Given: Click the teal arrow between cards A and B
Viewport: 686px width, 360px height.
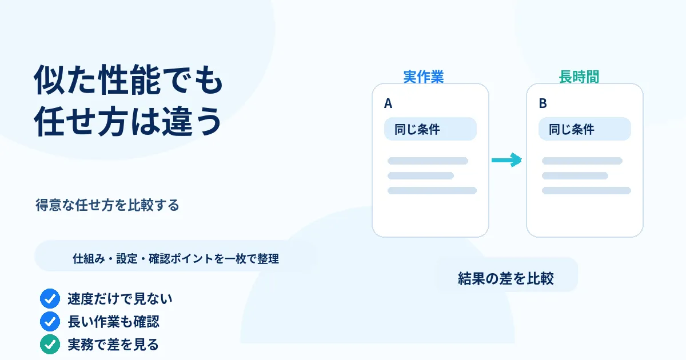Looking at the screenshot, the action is [x=506, y=160].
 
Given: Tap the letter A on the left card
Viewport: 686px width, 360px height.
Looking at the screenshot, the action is [x=388, y=103].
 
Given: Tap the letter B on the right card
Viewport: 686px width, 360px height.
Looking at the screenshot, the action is [x=543, y=103].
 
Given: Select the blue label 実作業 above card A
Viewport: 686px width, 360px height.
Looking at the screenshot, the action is [x=423, y=77].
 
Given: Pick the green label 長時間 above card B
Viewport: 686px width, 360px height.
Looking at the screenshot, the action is [x=579, y=77].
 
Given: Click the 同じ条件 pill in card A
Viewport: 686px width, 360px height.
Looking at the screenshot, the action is [x=430, y=129].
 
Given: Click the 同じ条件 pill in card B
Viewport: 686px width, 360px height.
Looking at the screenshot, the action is [x=585, y=129].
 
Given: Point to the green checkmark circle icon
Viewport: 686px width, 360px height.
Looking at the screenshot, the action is [x=50, y=345].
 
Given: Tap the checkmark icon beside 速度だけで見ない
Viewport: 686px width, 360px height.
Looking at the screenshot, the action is [x=50, y=298].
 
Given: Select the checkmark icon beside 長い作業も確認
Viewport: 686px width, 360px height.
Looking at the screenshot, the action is [x=50, y=321].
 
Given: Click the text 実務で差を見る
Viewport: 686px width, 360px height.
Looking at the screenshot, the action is [x=113, y=345].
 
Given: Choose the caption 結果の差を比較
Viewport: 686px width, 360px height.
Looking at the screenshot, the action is [x=505, y=278].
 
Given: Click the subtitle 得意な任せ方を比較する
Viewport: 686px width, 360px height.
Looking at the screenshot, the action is [x=107, y=205].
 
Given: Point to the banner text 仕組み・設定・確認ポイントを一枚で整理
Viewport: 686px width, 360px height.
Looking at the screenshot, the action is [x=176, y=259].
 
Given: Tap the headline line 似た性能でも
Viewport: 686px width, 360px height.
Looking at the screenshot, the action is [x=128, y=80].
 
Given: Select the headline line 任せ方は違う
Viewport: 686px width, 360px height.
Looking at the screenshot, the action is [x=127, y=121].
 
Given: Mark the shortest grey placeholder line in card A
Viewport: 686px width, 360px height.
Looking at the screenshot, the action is [x=421, y=176].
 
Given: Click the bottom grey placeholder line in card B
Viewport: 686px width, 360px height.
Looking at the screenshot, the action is [x=586, y=190].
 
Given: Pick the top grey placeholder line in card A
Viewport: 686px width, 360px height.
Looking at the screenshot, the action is [x=428, y=161].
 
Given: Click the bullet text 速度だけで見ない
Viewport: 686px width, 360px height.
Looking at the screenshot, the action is [x=119, y=298].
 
